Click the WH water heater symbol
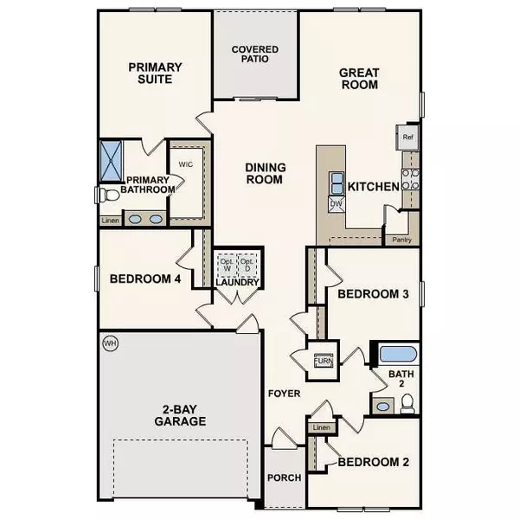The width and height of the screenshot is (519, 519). coord(110,343)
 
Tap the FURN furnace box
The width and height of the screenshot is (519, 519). coord(323,356)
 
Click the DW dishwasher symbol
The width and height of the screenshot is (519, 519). coord(336,204)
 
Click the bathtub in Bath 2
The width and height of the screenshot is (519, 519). coord(399,354)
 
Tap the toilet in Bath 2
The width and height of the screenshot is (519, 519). coord(407,404)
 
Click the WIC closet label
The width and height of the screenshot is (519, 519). coord(185,163)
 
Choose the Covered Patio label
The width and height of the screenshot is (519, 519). coord(255,54)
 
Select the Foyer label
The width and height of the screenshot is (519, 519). coord(284,394)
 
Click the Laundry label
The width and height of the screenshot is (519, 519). coord(234,281)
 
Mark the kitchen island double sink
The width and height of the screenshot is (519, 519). coord(336,183)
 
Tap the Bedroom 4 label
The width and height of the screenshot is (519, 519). coord(144,279)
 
